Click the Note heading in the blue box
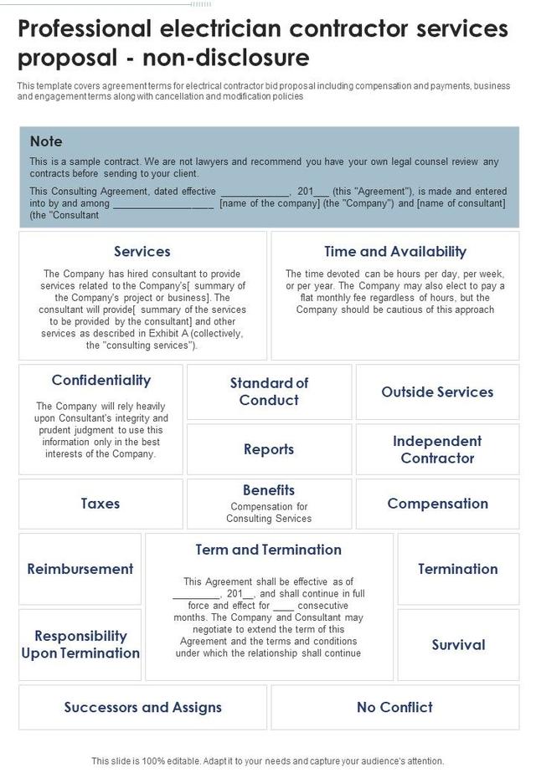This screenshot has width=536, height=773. click(46, 141)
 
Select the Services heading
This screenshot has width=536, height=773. click(142, 251)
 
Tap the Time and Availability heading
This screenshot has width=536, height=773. click(395, 251)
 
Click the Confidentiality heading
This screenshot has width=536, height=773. click(101, 380)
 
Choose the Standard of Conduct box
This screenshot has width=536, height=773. click(269, 392)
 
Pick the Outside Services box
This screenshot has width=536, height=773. click(437, 392)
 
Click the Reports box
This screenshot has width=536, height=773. click(269, 449)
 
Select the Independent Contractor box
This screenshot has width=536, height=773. click(437, 449)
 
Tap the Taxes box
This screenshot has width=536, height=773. click(100, 504)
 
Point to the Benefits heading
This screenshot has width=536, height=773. click(269, 490)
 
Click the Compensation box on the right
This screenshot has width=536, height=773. click(437, 504)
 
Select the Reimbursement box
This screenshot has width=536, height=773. click(80, 569)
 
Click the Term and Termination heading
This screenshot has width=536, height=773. click(269, 550)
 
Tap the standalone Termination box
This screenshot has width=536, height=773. click(458, 569)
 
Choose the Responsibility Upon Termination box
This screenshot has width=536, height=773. click(80, 644)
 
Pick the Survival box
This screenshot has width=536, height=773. click(458, 644)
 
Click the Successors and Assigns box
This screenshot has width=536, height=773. click(143, 707)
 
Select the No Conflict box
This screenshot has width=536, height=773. click(394, 707)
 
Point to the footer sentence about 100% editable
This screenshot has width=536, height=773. click(268, 760)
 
